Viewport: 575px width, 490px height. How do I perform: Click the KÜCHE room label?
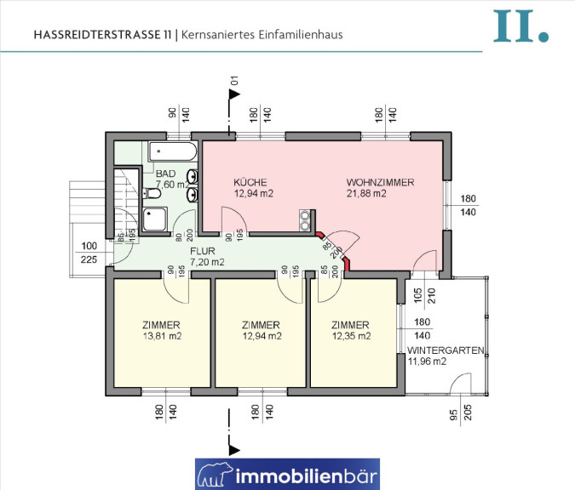250,182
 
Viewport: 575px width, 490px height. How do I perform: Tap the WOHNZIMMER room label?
380,182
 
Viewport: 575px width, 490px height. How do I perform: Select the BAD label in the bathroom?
166,174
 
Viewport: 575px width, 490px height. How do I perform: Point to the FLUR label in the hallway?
203,251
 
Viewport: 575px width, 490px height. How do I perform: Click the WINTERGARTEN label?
446,350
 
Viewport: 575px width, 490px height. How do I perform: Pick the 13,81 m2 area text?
162,336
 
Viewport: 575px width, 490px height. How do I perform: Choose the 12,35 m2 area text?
351,336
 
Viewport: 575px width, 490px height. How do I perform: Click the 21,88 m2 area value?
366,193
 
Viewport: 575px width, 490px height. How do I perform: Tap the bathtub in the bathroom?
172,151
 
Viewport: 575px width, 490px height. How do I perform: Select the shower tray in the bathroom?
155,219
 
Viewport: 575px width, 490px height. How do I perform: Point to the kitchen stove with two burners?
305,220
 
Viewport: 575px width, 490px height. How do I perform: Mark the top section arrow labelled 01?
234,94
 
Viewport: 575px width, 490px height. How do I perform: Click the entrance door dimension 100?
89,246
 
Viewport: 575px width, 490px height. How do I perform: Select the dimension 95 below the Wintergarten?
454,414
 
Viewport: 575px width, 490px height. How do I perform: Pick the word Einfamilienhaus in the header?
301,35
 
